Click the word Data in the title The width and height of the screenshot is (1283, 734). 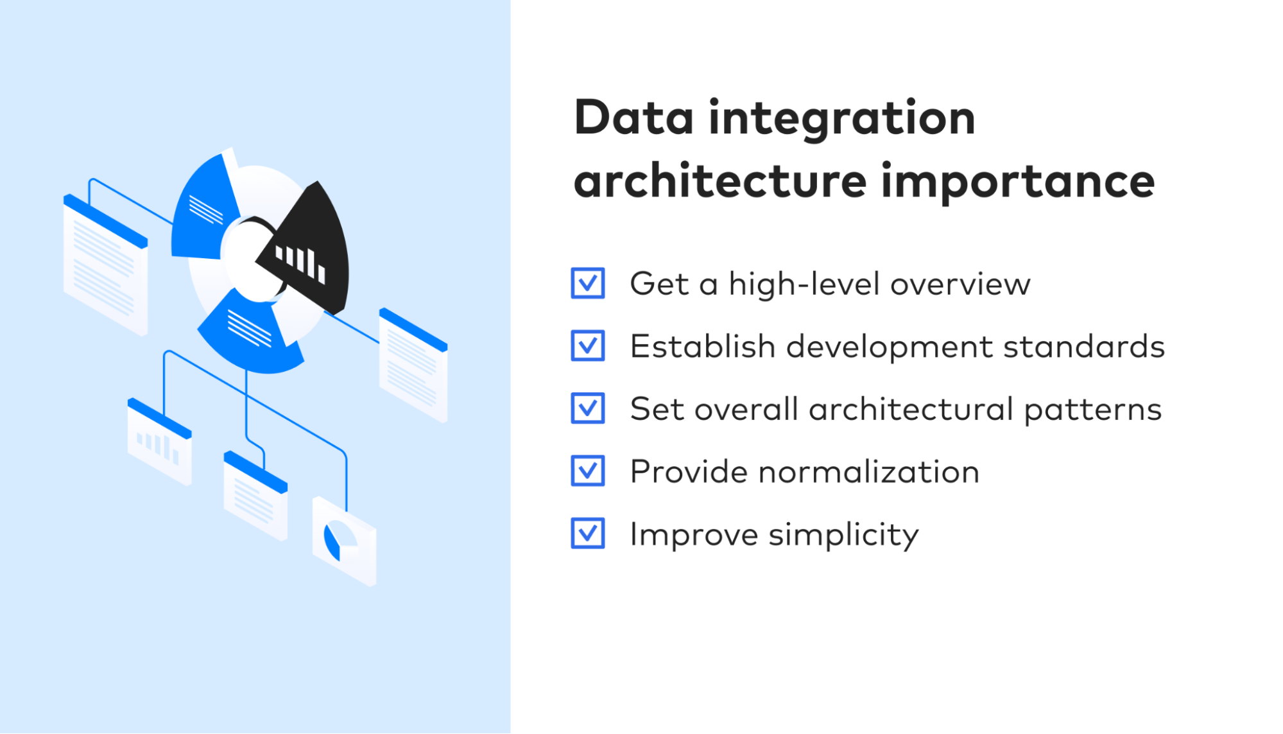tap(633, 118)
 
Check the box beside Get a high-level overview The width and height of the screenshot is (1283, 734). tap(588, 283)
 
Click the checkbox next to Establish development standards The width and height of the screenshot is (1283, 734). tap(588, 346)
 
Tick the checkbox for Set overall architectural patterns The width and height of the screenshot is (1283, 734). tap(588, 408)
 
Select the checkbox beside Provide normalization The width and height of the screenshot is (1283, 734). tap(588, 471)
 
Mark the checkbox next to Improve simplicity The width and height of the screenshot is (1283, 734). tap(588, 533)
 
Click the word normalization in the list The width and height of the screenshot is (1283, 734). tap(868, 472)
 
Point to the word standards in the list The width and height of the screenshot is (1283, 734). tap(1083, 347)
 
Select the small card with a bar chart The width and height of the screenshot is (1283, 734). tap(159, 443)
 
